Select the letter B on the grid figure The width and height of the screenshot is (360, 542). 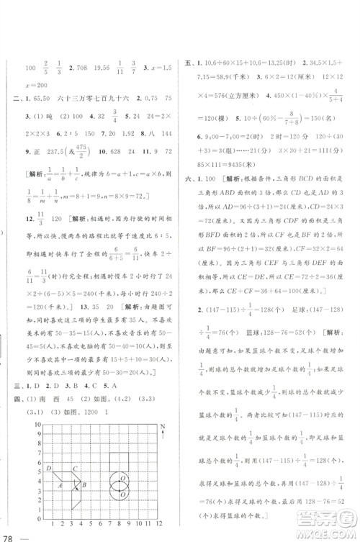pyautogui.click(x=84, y=484)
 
